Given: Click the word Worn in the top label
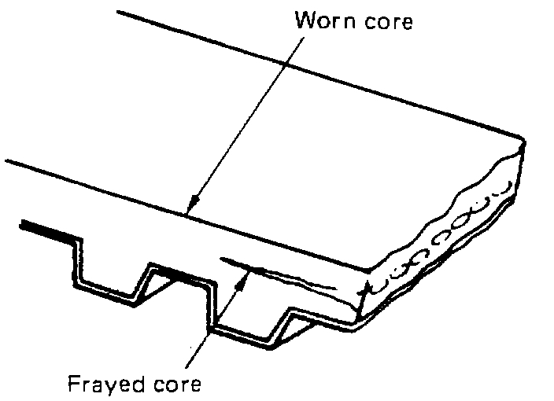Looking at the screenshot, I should click(x=323, y=21).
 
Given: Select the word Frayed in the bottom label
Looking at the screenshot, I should click(x=108, y=385).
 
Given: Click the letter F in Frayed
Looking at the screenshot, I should click(x=72, y=385).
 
